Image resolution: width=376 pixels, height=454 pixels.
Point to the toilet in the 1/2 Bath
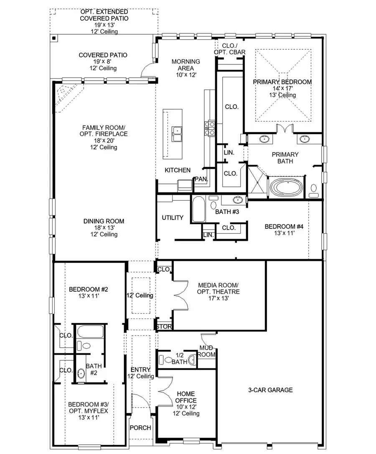(168, 359)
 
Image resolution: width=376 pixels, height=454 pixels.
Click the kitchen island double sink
(177, 134)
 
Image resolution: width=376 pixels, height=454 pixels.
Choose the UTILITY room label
(173, 218)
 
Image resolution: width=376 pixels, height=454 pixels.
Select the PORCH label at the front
(140, 428)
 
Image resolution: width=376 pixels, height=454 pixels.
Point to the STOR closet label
(164, 326)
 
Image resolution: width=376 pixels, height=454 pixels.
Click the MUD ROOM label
(207, 351)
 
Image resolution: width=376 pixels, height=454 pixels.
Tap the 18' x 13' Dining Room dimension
(103, 228)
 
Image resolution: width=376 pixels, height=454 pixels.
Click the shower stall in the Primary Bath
(257, 181)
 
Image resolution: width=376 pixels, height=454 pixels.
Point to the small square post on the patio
(54, 38)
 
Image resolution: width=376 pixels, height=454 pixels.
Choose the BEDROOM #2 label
(89, 289)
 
